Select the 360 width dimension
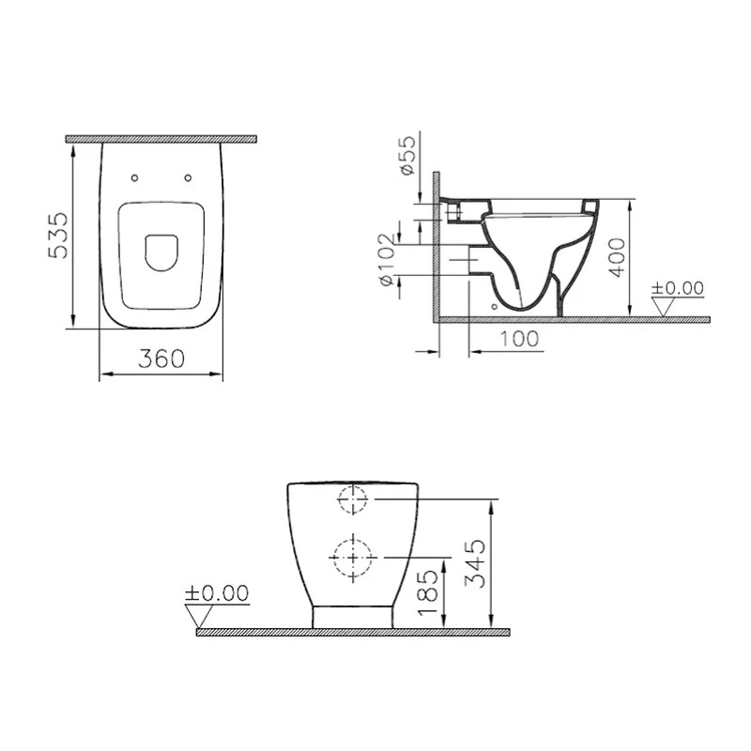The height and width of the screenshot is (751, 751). [x=161, y=358]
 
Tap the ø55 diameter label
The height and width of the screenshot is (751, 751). [x=406, y=155]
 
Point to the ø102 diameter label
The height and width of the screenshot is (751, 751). [x=385, y=260]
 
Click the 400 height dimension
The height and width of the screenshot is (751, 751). [x=615, y=256]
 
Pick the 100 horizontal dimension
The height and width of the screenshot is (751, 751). [x=519, y=338]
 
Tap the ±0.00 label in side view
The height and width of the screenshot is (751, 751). [x=679, y=287]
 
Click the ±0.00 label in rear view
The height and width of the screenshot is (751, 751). [x=217, y=592]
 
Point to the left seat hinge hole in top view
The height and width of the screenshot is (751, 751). [x=133, y=177]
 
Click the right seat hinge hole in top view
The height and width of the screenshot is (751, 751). [x=189, y=177]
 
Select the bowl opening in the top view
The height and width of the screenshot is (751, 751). [x=161, y=251]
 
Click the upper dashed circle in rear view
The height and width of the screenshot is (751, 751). [x=353, y=500]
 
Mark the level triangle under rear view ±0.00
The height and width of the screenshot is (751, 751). [x=199, y=616]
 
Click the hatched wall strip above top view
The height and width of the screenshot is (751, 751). [x=161, y=139]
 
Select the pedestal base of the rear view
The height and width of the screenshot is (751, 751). [x=352, y=617]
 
